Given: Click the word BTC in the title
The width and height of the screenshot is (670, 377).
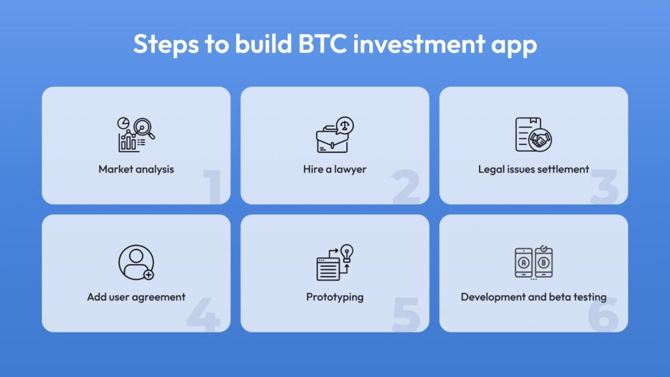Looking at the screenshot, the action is pos(323,43).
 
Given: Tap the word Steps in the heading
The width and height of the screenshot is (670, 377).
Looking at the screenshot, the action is pos(166,45).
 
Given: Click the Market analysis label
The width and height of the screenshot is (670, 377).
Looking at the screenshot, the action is pos(137,169).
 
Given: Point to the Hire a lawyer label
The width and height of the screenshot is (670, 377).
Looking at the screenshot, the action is pos(334,169).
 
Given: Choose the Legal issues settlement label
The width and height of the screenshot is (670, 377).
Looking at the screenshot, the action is pos(533,169).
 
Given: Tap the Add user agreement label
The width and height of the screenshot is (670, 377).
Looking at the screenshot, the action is pos(137,297).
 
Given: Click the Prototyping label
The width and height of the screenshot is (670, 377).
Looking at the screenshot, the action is pos(334,297).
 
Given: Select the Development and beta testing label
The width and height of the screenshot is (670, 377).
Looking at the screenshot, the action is pos(533,297).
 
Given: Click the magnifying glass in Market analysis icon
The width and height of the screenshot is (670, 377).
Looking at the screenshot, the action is pos(144,129).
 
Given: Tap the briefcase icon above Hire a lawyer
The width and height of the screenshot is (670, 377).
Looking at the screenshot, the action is pos(332,139).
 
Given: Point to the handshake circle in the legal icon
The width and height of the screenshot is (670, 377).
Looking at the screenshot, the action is pos(540,140).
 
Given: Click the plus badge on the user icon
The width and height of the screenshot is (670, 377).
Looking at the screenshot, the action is pos(148,275).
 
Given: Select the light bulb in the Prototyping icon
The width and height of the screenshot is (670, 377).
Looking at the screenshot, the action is pos(347,253).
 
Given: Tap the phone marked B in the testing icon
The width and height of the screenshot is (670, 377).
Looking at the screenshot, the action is pos(543,263).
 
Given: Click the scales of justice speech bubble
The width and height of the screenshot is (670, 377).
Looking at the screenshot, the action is pos(345,125).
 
